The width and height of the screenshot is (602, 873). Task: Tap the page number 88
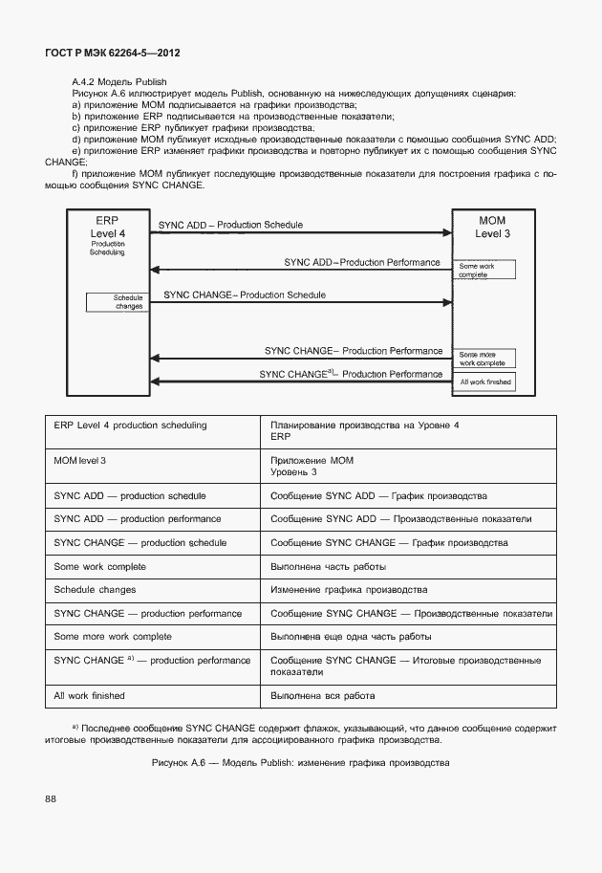coord(50,797)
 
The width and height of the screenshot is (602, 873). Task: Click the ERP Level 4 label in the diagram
coord(107,227)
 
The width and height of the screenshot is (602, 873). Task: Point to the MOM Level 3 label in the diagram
coord(492,227)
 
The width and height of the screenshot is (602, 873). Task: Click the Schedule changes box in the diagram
coord(116,302)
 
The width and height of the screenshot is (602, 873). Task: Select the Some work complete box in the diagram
coord(485,271)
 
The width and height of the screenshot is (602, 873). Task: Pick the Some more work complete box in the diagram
coord(485,359)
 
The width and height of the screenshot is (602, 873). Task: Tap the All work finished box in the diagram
coord(485,382)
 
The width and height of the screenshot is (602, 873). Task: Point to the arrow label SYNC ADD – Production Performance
coord(361,262)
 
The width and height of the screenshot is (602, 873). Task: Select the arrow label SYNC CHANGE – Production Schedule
coord(245,295)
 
